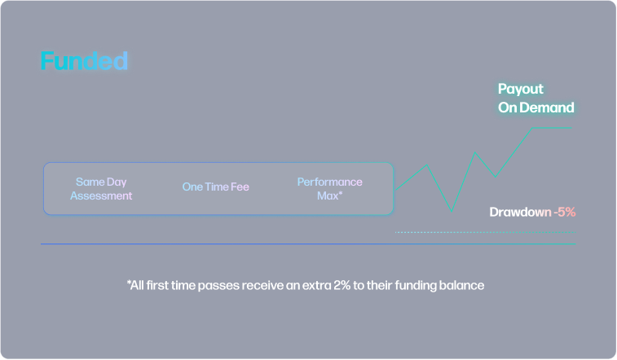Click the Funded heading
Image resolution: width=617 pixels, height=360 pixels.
tap(84, 61)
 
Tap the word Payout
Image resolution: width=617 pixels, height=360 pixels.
tap(521, 90)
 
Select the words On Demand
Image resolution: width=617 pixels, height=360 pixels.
tap(536, 108)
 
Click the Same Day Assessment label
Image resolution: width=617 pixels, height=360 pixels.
tap(101, 189)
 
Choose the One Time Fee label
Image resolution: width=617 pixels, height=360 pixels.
tap(216, 187)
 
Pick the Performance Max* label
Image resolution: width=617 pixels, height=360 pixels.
tap(330, 189)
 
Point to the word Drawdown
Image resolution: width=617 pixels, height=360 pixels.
tap(520, 213)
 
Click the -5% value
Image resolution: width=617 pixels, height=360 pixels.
tap(565, 213)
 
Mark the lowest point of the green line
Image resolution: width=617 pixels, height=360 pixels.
tap(452, 212)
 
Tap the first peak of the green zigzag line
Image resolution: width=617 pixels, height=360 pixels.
tap(427, 165)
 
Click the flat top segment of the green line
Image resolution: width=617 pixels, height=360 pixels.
tap(552, 128)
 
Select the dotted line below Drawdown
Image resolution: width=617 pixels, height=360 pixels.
tap(485, 232)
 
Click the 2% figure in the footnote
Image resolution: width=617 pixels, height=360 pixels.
tap(342, 285)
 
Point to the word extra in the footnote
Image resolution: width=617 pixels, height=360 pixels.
tap(317, 285)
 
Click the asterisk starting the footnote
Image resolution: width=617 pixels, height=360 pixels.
tap(128, 282)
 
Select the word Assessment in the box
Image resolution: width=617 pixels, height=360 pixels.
tap(101, 195)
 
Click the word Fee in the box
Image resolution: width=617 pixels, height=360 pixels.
tap(240, 187)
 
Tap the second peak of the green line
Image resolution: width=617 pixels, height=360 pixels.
tap(475, 152)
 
